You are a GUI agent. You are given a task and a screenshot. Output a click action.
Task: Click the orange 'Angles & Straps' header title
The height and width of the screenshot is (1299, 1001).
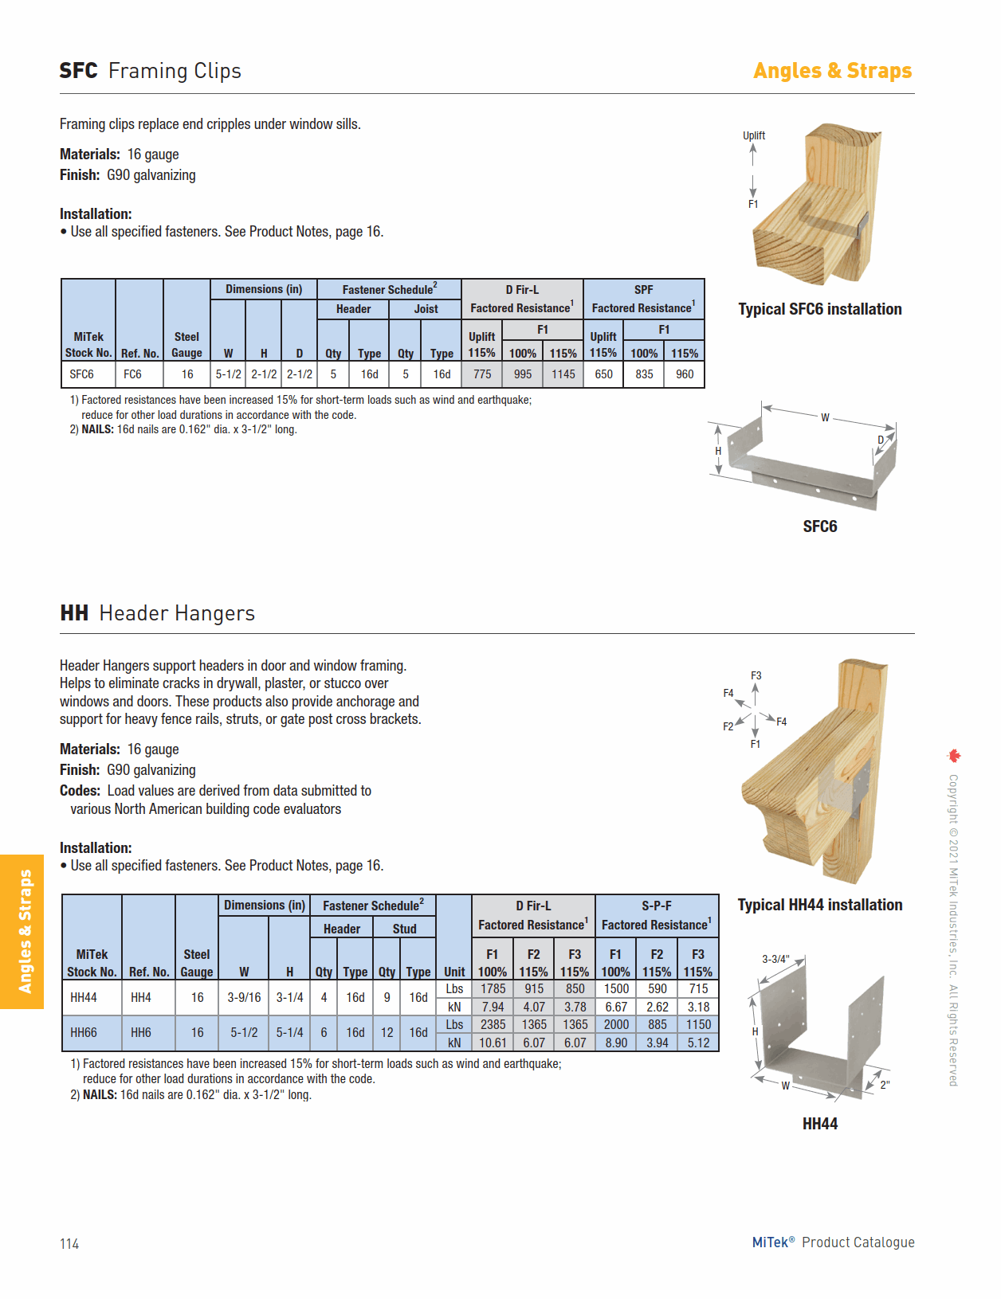[x=832, y=71]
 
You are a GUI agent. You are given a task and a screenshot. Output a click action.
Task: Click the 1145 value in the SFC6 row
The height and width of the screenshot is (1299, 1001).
[x=563, y=374]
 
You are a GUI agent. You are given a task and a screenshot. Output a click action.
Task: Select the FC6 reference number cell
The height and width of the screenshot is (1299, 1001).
[x=132, y=374]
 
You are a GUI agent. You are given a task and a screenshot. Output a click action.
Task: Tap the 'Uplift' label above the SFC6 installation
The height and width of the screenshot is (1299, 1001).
[x=754, y=135]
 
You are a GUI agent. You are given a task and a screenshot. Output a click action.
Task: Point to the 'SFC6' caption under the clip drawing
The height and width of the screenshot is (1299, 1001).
[x=819, y=526]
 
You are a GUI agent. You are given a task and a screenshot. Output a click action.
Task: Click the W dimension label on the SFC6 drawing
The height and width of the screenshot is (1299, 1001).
[x=825, y=417]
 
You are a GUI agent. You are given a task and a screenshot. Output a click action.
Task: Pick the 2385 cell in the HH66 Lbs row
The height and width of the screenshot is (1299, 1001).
[x=493, y=1024]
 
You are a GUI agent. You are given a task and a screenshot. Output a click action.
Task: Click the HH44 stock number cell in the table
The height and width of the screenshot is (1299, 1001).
[x=84, y=997]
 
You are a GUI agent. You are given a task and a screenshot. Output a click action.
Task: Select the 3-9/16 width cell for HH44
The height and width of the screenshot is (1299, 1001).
[x=244, y=997]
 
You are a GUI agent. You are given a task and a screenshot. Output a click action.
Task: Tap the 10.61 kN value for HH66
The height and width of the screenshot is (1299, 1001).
[x=493, y=1043]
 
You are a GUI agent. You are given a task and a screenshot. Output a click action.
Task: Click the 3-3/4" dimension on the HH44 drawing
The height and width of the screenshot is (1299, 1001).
[x=775, y=959]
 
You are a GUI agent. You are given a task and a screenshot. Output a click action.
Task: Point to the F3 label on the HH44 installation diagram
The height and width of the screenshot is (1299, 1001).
[x=756, y=675]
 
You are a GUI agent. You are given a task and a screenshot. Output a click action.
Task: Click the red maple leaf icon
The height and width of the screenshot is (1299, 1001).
[x=954, y=755]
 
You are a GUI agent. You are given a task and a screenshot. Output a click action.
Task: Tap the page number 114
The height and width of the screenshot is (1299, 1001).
[x=69, y=1244]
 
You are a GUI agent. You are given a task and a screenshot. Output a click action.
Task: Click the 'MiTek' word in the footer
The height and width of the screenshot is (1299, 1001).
[x=770, y=1242]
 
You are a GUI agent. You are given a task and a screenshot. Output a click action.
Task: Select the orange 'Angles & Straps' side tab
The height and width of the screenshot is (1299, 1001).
[x=24, y=931]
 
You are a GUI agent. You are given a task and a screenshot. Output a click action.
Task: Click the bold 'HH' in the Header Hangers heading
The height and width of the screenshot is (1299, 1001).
[x=74, y=613]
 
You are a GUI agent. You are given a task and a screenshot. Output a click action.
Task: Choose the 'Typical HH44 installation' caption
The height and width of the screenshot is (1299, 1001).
[x=819, y=905]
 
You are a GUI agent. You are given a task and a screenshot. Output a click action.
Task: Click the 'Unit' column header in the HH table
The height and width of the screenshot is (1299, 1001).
[x=454, y=972]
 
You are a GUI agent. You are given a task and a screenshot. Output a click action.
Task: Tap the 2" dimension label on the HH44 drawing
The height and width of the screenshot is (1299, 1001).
[x=885, y=1085]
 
